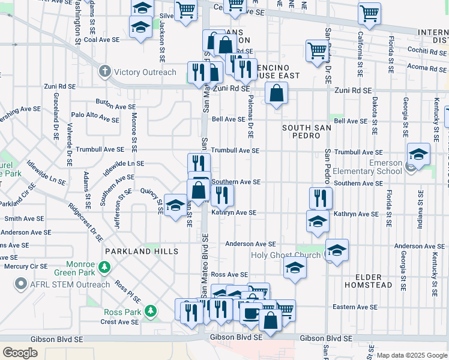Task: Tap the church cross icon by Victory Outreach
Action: tap(105, 72)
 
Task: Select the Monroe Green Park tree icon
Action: tap(105, 266)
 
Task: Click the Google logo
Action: tap(20, 353)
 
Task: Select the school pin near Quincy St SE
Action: tap(175, 206)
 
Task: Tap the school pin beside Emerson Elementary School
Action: tap(418, 154)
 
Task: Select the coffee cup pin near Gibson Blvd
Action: tap(250, 313)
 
